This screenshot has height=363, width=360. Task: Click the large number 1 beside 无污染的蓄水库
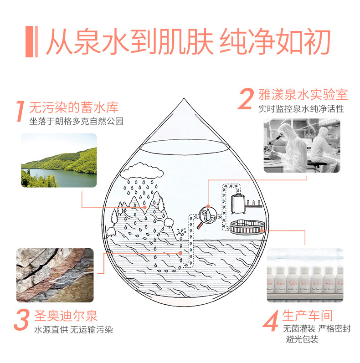(x=21, y=111)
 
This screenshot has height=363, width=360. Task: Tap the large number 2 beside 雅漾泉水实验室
(x=246, y=99)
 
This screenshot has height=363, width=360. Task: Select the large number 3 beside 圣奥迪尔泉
(x=21, y=320)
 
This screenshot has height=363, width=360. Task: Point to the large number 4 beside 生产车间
(x=271, y=321)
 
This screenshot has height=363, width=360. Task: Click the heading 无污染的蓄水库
(x=74, y=107)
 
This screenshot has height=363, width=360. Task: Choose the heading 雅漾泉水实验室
(x=303, y=94)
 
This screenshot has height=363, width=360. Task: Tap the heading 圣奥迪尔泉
(x=66, y=316)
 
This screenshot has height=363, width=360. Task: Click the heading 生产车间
(x=308, y=315)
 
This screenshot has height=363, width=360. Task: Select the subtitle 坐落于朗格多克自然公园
(x=76, y=121)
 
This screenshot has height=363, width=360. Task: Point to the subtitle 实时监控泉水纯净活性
(x=301, y=108)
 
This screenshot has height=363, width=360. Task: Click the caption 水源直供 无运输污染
(x=73, y=329)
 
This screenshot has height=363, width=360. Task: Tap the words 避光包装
(x=302, y=339)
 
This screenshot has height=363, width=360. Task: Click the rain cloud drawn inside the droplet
(x=142, y=171)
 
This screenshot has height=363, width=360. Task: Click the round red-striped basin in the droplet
(x=247, y=227)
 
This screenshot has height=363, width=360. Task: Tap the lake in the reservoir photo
(x=62, y=177)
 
